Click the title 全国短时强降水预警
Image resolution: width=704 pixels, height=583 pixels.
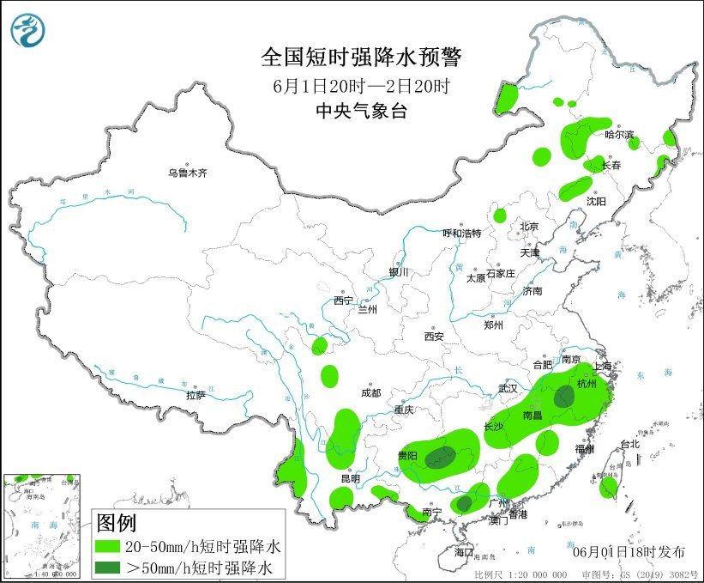coord(361,58)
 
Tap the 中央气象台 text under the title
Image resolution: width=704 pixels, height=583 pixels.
coord(361,110)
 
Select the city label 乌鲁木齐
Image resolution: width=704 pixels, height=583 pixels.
coord(188,173)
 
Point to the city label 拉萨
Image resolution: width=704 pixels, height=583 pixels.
coord(196,396)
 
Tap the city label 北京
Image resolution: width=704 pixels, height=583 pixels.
coord(528,227)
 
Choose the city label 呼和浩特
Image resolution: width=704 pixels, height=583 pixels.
coord(461,234)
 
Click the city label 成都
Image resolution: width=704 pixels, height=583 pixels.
coord(371,394)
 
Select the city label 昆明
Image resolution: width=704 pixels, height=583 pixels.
coord(350,478)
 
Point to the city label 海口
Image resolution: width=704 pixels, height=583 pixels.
coord(464,551)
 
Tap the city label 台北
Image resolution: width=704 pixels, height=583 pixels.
coord(629,445)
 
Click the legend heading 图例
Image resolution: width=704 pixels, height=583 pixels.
coord(117,522)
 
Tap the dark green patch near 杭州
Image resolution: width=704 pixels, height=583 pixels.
coord(564,397)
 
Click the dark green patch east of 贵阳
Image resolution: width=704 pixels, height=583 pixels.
coord(441,457)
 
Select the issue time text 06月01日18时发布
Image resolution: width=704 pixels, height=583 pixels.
coord(622,549)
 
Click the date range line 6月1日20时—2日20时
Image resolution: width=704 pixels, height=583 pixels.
coord(361,86)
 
